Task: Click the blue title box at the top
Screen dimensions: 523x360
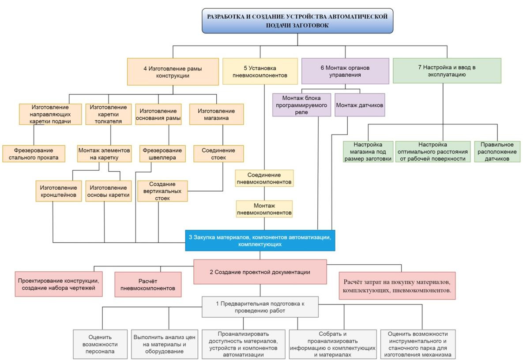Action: click(x=297, y=21)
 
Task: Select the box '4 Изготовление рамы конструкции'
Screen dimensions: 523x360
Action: click(x=173, y=71)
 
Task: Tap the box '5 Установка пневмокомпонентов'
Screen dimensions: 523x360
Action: click(x=260, y=71)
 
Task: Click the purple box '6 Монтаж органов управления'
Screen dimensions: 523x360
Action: click(x=345, y=71)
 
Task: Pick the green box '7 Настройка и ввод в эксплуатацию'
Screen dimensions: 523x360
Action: click(x=447, y=71)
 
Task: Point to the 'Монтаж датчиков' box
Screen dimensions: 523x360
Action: click(x=360, y=105)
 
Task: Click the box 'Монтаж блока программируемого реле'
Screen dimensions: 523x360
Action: click(x=301, y=105)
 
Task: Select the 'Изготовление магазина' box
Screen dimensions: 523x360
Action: click(x=216, y=114)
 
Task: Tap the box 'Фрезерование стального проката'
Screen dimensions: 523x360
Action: click(x=34, y=154)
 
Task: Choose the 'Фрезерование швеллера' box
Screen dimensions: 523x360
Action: click(x=162, y=154)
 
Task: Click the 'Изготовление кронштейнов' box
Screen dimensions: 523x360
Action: click(x=58, y=191)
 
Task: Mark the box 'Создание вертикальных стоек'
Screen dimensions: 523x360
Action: click(x=162, y=191)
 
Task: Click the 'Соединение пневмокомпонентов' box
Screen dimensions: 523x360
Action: click(x=264, y=178)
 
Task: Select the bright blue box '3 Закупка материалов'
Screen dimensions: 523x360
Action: click(x=260, y=240)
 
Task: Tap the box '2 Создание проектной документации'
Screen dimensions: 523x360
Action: click(x=260, y=272)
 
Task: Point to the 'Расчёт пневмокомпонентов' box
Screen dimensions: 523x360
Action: click(x=148, y=284)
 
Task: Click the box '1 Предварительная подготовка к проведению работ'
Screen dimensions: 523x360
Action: click(x=260, y=307)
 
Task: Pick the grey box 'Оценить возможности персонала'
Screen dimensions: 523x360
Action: click(x=100, y=344)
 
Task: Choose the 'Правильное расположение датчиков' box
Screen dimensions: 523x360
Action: click(x=497, y=152)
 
